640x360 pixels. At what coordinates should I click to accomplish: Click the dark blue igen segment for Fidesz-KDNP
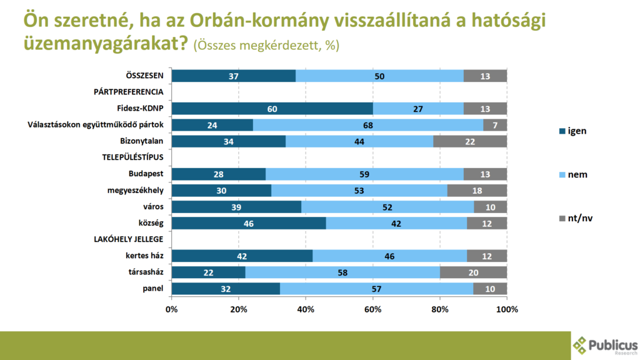point(272,109)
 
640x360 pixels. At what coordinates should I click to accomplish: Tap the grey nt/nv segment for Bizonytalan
point(470,141)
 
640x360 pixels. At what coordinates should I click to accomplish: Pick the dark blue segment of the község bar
point(248,223)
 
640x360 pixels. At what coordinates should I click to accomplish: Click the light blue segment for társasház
point(342,272)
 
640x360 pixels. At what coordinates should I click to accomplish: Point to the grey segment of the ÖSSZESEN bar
point(485,76)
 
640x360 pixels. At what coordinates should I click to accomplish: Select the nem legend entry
point(574,174)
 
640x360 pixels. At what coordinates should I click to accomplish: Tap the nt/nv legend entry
point(573,218)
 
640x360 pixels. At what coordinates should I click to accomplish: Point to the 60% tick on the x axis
point(372,309)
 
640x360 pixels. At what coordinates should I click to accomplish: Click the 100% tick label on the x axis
point(506,309)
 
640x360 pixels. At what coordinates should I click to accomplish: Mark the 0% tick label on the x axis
point(171,309)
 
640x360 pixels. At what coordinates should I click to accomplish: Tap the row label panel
point(152,288)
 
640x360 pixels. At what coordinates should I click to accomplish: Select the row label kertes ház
point(144,256)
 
